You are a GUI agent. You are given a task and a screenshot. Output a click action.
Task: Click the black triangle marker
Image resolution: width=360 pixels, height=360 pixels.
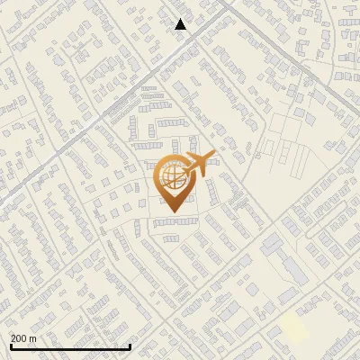[181, 24]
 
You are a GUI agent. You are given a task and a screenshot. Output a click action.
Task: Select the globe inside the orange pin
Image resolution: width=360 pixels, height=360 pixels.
[170, 177]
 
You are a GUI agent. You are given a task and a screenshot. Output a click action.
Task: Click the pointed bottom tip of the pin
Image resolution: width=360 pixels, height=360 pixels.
[171, 213]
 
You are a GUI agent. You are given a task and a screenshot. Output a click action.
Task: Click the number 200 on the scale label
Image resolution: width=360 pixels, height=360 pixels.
[20, 338]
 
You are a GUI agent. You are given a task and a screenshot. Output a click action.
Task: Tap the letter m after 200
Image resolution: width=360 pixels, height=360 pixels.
[33, 338]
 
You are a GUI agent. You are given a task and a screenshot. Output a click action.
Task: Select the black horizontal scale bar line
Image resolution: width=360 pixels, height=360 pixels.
[70, 346]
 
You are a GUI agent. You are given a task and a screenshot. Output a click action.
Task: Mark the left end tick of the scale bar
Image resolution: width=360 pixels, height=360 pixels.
[10, 345]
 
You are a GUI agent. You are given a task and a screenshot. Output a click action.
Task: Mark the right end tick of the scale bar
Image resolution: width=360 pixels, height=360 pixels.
[130, 345]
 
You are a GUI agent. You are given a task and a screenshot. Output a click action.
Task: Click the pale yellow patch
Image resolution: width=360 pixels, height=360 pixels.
[293, 326]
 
